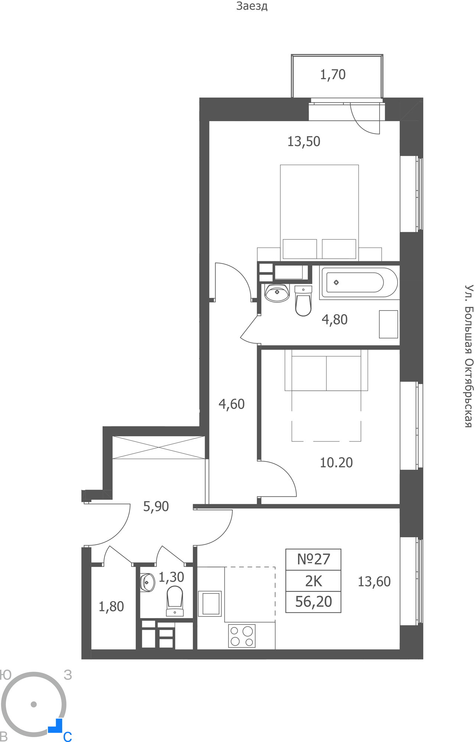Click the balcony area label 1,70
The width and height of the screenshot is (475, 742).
333,75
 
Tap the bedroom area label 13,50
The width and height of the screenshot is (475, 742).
304,142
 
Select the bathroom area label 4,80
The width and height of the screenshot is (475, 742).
335,320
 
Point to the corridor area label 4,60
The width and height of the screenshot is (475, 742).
232,404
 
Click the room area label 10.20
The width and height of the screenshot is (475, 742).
336,463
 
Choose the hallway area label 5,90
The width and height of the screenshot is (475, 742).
156,506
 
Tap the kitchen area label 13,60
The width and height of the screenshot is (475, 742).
374,582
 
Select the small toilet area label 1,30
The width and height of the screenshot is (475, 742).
171,577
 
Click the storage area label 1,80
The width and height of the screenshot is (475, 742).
111,607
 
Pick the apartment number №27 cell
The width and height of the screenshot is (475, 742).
313,559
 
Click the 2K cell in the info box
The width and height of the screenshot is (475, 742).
313,581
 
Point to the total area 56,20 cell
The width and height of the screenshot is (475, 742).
313,602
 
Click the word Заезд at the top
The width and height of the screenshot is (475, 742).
252,6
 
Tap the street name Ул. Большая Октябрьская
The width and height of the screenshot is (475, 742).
469,356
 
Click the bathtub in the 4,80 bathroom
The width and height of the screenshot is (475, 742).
358,282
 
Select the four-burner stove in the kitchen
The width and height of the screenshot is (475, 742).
242,636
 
